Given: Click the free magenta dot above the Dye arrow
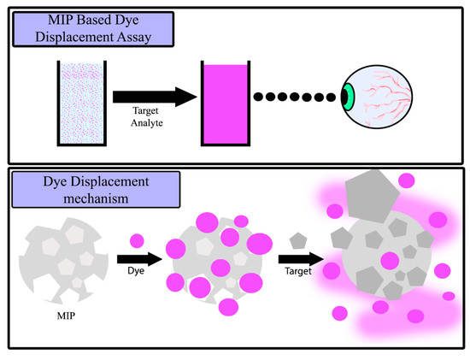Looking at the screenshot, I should (138, 239).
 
